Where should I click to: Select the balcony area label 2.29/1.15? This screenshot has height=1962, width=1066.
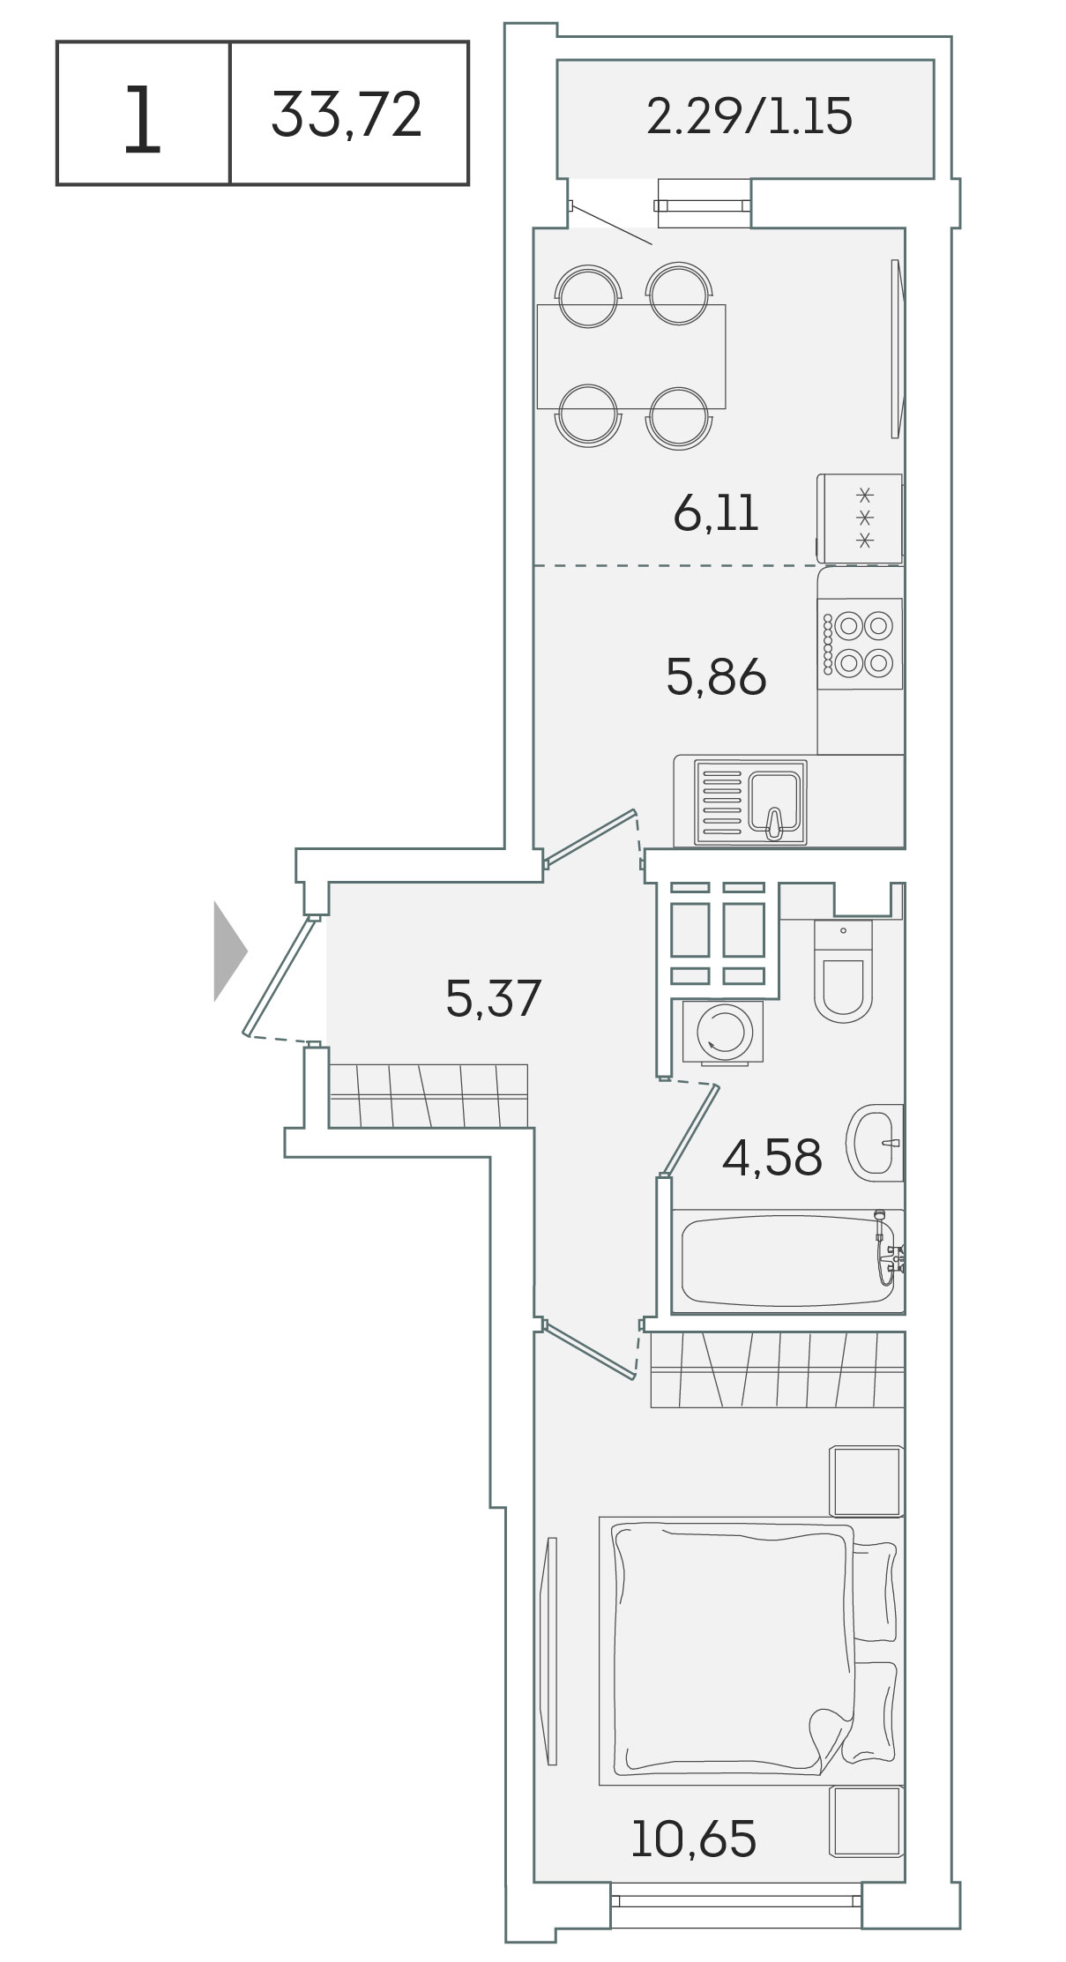[x=749, y=116]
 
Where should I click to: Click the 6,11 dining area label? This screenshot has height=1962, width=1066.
[x=715, y=513]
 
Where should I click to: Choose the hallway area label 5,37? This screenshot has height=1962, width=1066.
[x=493, y=999]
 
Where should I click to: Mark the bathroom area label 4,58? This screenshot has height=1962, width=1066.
[x=772, y=1158]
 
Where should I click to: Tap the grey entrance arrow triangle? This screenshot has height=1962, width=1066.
[x=230, y=951]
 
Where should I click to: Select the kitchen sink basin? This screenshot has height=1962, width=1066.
[x=776, y=799]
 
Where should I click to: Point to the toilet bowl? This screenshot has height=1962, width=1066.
[x=842, y=972]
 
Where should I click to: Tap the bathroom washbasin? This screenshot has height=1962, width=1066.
[x=876, y=1143]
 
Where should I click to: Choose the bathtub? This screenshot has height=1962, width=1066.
[x=787, y=1262]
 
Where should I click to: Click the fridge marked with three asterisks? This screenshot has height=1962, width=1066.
[x=860, y=518]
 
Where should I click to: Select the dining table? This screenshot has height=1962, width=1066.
[x=631, y=357]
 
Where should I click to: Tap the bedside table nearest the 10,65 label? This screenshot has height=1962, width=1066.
[x=868, y=1821]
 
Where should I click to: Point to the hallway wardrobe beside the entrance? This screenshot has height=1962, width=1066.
[x=428, y=1096]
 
